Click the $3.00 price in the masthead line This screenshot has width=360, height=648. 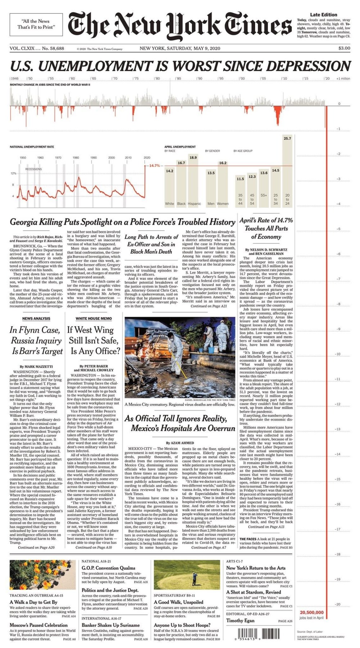tap(344, 48)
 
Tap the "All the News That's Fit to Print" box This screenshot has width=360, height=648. tap(36, 24)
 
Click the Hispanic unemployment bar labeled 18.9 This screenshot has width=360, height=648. tap(193, 180)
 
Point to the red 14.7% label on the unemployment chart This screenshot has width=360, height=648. tap(154, 166)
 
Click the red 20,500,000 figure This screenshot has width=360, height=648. tap(311, 612)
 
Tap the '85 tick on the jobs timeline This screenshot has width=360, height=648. tap(178, 78)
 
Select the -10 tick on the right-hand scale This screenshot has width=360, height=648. tap(337, 354)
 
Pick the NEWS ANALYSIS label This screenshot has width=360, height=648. tap(36, 318)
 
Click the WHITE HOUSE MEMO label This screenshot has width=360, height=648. tap(94, 318)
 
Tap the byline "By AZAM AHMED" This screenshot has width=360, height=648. tap(180, 443)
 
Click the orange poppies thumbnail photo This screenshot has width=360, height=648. tap(42, 575)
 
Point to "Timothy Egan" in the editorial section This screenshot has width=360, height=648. tap(240, 620)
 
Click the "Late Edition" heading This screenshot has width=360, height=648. tap(324, 15)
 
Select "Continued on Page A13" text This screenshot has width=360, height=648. tap(266, 527)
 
